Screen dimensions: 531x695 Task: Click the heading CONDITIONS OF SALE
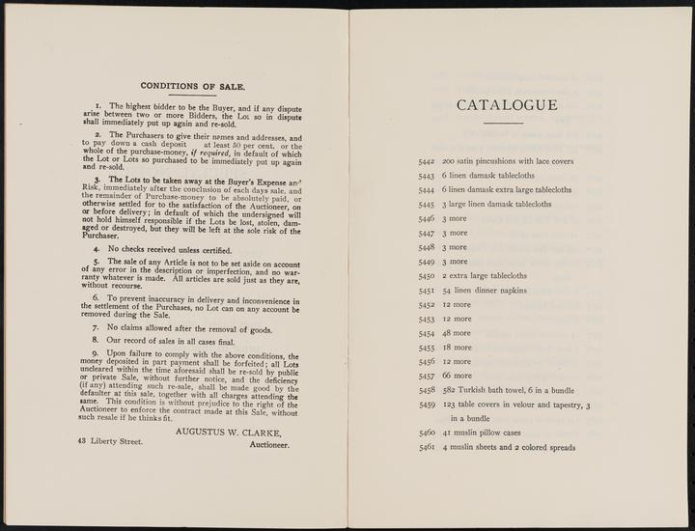click(x=193, y=86)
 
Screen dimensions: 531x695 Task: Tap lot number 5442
click(x=428, y=161)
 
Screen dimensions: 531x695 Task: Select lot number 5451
click(x=428, y=290)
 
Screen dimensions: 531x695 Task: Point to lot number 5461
click(x=428, y=447)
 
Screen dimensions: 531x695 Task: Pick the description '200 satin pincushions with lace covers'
click(x=508, y=161)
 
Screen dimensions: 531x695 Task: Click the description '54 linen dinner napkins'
click(x=485, y=290)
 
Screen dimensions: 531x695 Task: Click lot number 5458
click(x=428, y=390)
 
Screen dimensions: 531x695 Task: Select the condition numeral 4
click(x=111, y=249)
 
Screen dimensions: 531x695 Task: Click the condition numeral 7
click(x=111, y=327)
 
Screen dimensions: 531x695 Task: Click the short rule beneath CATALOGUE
click(x=502, y=123)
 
